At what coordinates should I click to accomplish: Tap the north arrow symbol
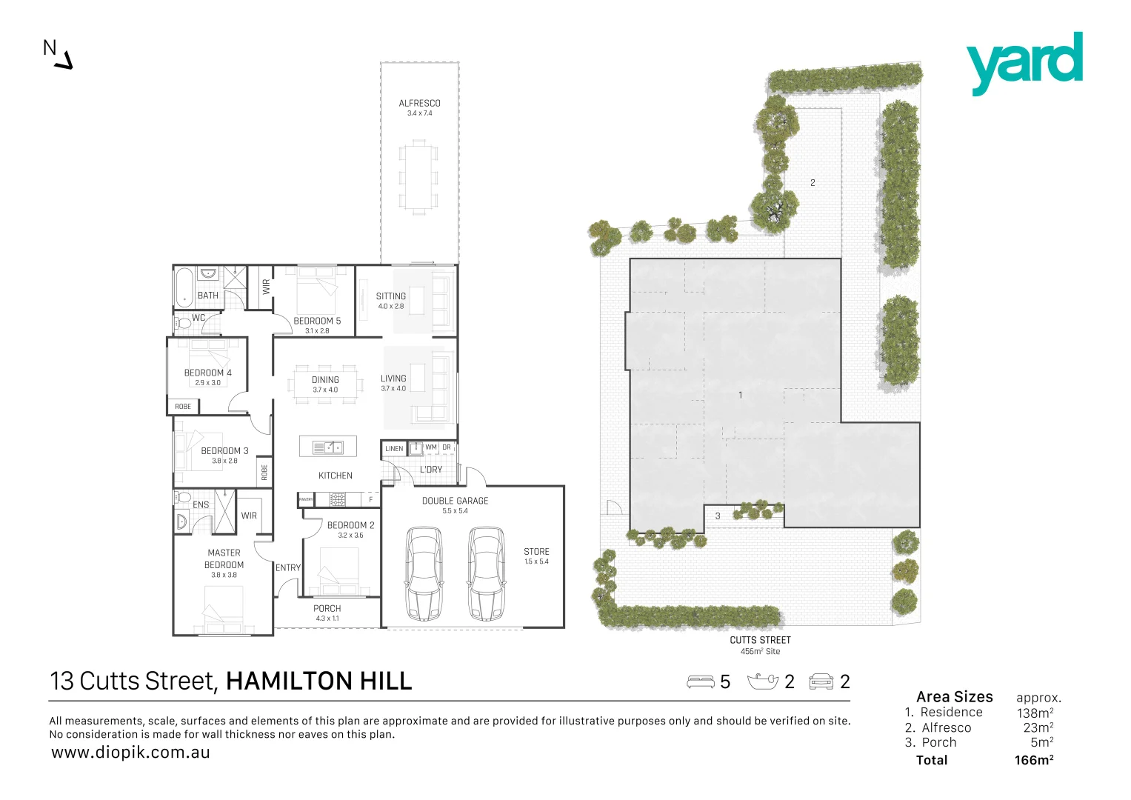tap(64, 61)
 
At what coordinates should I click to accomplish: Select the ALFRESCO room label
tap(419, 104)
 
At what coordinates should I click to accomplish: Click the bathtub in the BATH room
tap(184, 287)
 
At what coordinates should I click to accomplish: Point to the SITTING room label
tap(390, 296)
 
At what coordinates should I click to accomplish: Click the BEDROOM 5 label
tap(317, 321)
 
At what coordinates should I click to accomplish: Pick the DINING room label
tap(325, 380)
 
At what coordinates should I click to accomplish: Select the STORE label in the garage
tap(536, 552)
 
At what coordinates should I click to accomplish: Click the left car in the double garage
tap(424, 573)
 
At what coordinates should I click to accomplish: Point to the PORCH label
tap(327, 609)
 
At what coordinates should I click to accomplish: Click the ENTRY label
tap(288, 568)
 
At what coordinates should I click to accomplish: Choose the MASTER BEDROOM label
tap(224, 559)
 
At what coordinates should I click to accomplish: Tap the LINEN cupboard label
tap(394, 449)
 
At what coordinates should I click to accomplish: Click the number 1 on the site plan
tap(740, 396)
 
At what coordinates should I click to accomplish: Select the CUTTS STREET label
tap(760, 640)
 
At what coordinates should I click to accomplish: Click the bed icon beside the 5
tap(701, 681)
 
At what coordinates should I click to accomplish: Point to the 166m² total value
tap(1034, 760)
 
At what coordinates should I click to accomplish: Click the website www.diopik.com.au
tap(130, 753)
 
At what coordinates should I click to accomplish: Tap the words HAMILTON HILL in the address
tap(318, 681)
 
